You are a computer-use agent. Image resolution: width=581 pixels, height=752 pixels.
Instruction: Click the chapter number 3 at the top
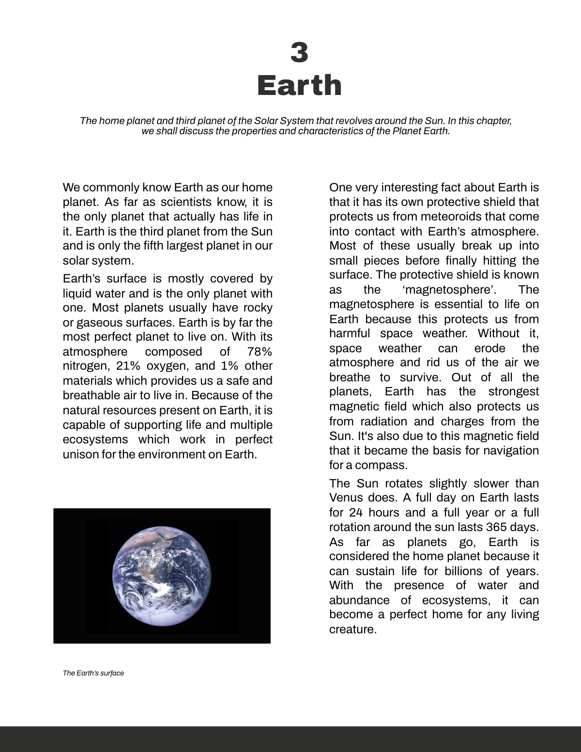click(x=299, y=52)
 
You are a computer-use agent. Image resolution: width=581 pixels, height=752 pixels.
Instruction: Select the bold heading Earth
click(x=299, y=85)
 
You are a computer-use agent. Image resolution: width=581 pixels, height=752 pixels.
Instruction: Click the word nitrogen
click(x=84, y=366)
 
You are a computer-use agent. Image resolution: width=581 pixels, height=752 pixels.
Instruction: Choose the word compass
click(x=381, y=465)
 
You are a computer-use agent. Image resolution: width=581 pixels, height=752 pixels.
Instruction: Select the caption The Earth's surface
click(x=93, y=673)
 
